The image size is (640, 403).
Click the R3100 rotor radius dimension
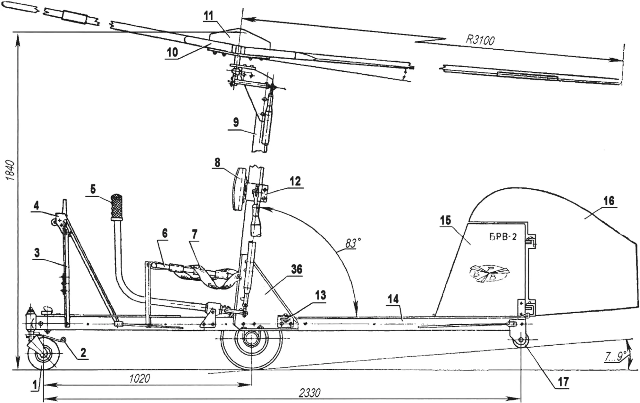click(480, 40)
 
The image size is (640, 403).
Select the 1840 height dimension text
click(11, 170)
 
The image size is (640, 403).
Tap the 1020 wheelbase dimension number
click(140, 378)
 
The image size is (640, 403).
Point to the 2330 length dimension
click(309, 393)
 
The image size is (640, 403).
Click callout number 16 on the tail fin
click(609, 201)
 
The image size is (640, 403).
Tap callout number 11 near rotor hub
click(209, 16)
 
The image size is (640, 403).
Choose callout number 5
click(93, 189)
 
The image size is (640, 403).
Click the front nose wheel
click(44, 356)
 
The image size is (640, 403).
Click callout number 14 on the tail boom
click(393, 299)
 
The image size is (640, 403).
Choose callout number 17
click(563, 382)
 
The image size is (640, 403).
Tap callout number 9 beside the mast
click(236, 122)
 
